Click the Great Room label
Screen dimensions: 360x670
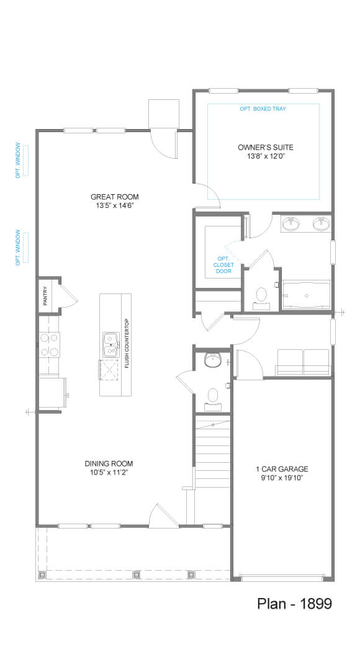tap(115, 197)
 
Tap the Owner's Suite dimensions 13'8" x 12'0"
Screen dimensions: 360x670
tap(266, 156)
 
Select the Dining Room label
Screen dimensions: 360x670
tap(109, 463)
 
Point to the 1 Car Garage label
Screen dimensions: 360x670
tap(282, 469)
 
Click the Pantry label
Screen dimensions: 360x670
tap(46, 296)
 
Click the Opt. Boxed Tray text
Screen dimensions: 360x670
tap(263, 109)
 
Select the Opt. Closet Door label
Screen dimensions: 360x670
tap(223, 265)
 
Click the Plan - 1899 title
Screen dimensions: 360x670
tap(295, 604)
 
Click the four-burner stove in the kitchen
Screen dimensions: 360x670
tap(50, 345)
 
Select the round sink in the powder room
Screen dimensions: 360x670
tap(212, 360)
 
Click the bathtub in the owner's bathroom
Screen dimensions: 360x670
tap(307, 295)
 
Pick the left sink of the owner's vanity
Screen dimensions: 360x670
tap(292, 223)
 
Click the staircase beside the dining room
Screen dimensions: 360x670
tap(212, 453)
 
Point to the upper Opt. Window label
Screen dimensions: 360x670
tap(19, 161)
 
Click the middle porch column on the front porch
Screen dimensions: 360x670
tap(137, 574)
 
